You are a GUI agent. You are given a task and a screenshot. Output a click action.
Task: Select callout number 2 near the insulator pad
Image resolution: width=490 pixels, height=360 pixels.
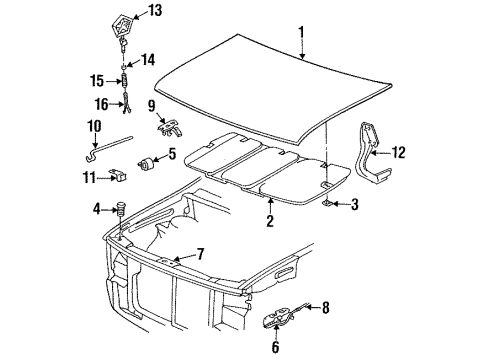coord(268,222)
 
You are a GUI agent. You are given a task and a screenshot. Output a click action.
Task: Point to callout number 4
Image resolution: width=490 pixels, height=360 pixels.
coord(98,209)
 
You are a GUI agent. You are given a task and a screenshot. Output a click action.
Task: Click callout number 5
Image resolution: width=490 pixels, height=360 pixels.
coord(172,154)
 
